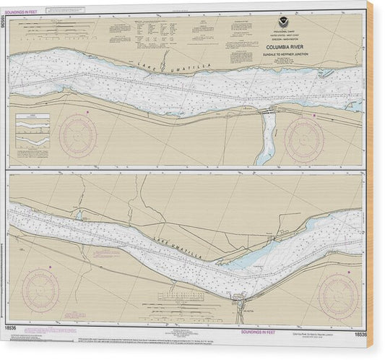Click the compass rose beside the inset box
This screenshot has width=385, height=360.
pos(77,136)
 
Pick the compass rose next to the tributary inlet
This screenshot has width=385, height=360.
pos(303,140)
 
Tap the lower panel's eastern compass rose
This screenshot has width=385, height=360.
pos(338,295)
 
